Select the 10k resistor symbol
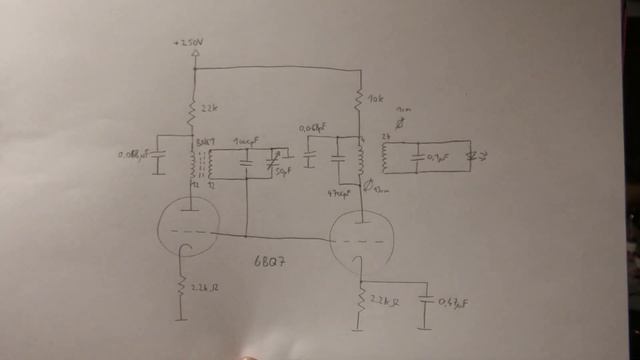click(x=359, y=100)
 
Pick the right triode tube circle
click(x=361, y=242)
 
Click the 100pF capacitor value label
click(x=244, y=141)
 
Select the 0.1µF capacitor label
click(x=438, y=157)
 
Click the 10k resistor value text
click(x=377, y=99)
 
